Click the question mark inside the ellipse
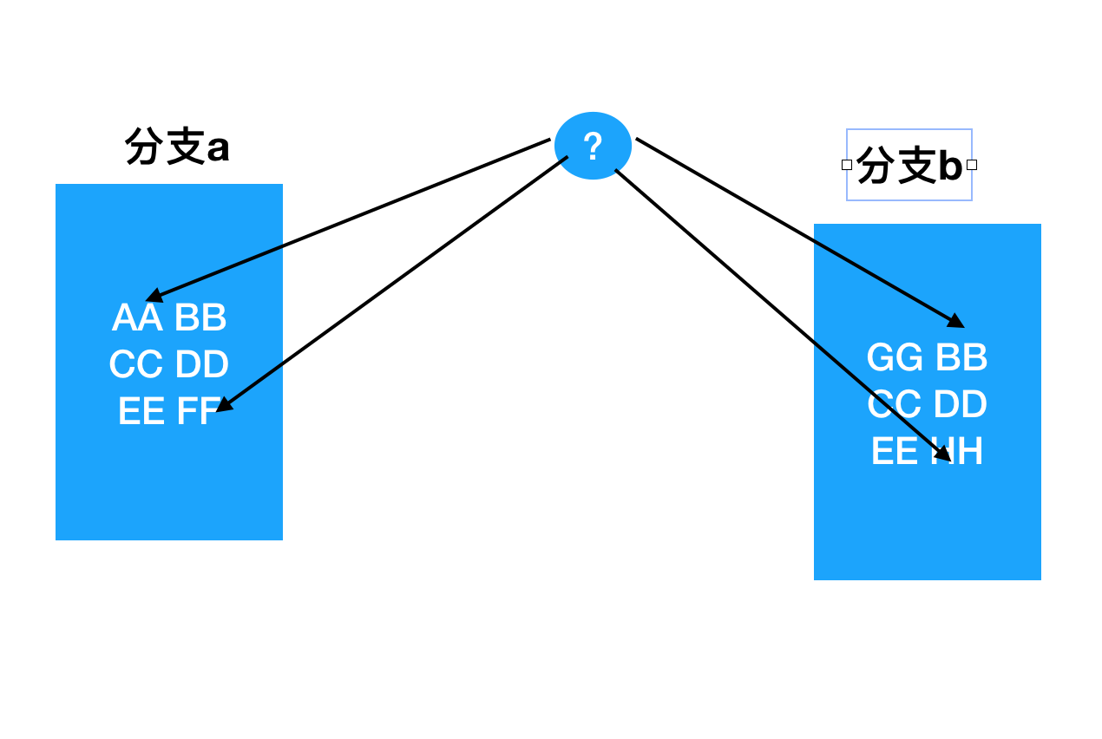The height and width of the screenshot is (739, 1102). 593,147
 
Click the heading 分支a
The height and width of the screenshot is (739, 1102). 178,147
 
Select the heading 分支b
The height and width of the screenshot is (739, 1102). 909,165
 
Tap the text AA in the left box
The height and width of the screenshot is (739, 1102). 137,318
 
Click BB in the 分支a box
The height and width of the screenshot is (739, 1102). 200,318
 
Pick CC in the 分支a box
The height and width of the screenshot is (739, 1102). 136,365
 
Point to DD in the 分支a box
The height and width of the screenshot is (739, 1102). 201,365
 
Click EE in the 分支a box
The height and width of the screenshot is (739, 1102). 141,412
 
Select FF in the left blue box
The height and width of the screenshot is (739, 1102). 196,412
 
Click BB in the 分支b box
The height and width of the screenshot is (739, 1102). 961,358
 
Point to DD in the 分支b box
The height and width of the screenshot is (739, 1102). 961,405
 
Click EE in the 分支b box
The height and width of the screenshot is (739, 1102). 895,452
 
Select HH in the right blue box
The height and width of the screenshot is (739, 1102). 958,452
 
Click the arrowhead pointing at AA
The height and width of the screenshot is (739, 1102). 153,297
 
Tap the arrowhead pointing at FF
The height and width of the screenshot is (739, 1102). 223,405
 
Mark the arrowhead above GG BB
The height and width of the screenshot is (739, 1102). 956,322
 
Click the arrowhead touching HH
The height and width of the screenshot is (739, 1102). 943,454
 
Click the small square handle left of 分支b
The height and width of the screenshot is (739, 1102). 847,165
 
